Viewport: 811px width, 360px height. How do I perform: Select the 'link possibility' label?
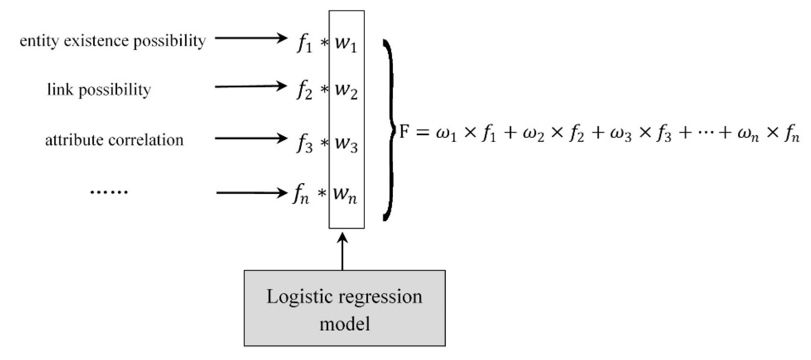point(99,90)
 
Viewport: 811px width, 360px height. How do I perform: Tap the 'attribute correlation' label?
point(114,140)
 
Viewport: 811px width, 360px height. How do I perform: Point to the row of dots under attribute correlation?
point(109,192)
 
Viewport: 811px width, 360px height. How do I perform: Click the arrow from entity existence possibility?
point(251,38)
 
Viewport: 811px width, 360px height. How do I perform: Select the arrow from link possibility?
point(251,86)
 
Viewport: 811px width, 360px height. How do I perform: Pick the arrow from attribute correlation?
point(251,138)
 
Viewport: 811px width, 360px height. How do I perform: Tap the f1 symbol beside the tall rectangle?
point(304,44)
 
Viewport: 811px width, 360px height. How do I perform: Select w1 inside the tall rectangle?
point(346,44)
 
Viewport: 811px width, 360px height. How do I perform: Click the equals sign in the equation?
point(422,132)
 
